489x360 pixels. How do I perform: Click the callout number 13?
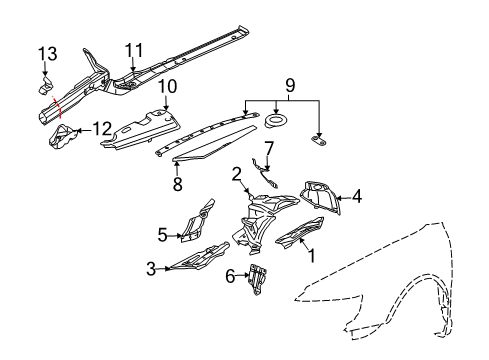point(48,54)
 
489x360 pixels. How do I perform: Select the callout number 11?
point(134,51)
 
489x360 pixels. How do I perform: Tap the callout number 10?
point(167,86)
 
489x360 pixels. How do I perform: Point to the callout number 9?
point(290,85)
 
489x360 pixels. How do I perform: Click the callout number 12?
point(102,129)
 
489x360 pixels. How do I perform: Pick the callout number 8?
point(177,184)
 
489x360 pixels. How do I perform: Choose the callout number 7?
point(269,149)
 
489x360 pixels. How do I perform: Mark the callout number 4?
point(357,196)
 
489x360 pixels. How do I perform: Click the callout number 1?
point(312,256)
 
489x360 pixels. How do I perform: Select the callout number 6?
point(230,276)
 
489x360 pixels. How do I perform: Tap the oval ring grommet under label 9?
point(276,120)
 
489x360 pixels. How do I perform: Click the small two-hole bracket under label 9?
point(319,140)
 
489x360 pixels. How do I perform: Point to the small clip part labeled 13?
point(45,86)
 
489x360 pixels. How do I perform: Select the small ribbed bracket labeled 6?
point(258,279)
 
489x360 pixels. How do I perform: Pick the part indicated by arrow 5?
point(197,222)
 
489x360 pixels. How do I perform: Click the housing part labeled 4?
point(321,197)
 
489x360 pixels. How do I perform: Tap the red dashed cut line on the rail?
point(57,107)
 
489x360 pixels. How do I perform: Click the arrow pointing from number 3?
point(164,268)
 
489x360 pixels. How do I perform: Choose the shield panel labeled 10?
point(141,129)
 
